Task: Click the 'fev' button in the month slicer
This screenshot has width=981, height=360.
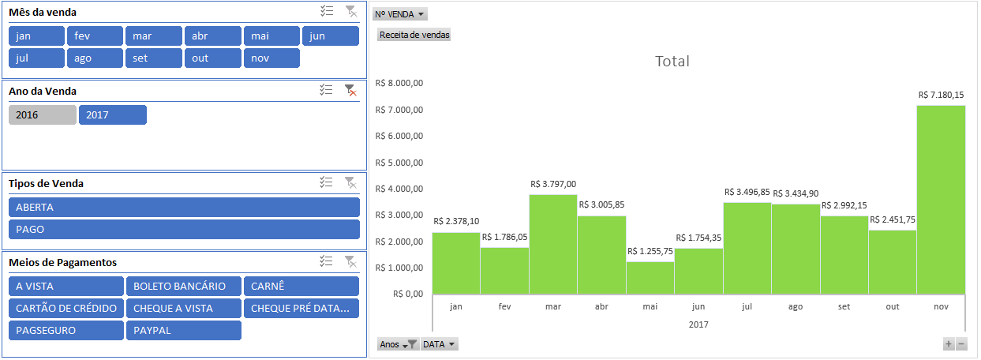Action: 95,36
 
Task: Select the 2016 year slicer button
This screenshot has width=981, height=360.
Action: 43,114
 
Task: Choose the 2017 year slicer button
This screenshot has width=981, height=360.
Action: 113,114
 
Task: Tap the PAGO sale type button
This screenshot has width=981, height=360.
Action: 184,230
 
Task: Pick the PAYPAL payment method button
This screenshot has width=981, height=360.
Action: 184,331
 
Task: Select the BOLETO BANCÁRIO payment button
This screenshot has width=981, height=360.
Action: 184,287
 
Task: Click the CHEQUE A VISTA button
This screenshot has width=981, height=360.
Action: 184,309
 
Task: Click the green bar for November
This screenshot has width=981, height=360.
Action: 941,200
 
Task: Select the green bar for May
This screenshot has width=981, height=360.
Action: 650,278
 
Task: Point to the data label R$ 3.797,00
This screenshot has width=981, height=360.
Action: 553,185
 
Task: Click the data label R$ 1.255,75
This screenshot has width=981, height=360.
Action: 650,251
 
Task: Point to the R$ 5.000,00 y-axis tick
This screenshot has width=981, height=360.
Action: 399,163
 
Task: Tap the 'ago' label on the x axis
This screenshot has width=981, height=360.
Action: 796,306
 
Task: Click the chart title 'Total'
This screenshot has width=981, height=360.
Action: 672,62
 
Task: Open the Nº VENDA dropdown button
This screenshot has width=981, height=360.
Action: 400,14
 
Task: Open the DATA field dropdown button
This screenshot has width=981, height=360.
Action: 440,344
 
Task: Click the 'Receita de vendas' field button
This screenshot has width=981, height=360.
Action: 414,35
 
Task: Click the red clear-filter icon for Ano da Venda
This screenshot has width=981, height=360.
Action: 350,90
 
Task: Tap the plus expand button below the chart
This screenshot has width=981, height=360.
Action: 948,344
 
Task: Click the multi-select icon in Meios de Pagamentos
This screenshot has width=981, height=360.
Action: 326,261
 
